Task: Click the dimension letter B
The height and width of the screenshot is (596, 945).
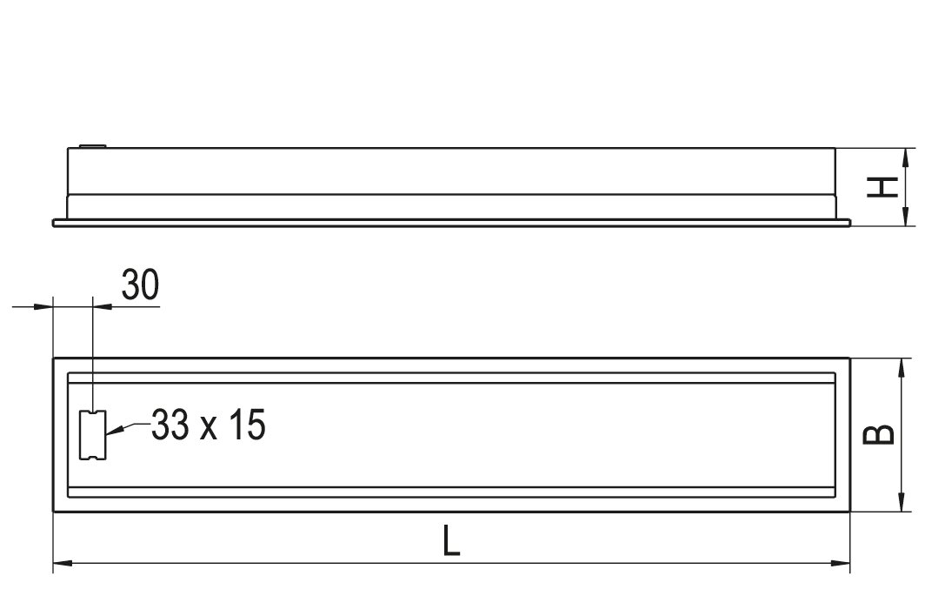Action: [x=879, y=434]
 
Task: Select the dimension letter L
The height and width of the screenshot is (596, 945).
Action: [x=451, y=540]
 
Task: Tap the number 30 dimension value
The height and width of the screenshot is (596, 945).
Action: [x=141, y=285]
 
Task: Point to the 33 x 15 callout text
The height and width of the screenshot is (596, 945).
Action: [x=208, y=425]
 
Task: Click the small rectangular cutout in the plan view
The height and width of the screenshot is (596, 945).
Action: [x=93, y=435]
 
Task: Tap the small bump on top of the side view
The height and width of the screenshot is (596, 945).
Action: [x=93, y=145]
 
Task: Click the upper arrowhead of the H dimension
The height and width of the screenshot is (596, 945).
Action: [x=905, y=157]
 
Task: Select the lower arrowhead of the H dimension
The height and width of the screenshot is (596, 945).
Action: [x=905, y=217]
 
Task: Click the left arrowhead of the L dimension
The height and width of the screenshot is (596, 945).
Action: [x=63, y=563]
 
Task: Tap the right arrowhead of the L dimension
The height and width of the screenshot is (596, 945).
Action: [x=840, y=563]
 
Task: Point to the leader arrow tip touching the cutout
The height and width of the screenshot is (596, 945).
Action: [x=107, y=433]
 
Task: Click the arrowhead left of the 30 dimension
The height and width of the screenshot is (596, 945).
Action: [x=43, y=306]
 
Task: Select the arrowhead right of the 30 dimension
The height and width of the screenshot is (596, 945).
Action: [x=103, y=306]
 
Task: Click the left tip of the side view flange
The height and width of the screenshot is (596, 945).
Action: [x=53, y=224]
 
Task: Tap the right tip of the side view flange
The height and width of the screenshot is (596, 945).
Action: [x=850, y=224]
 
